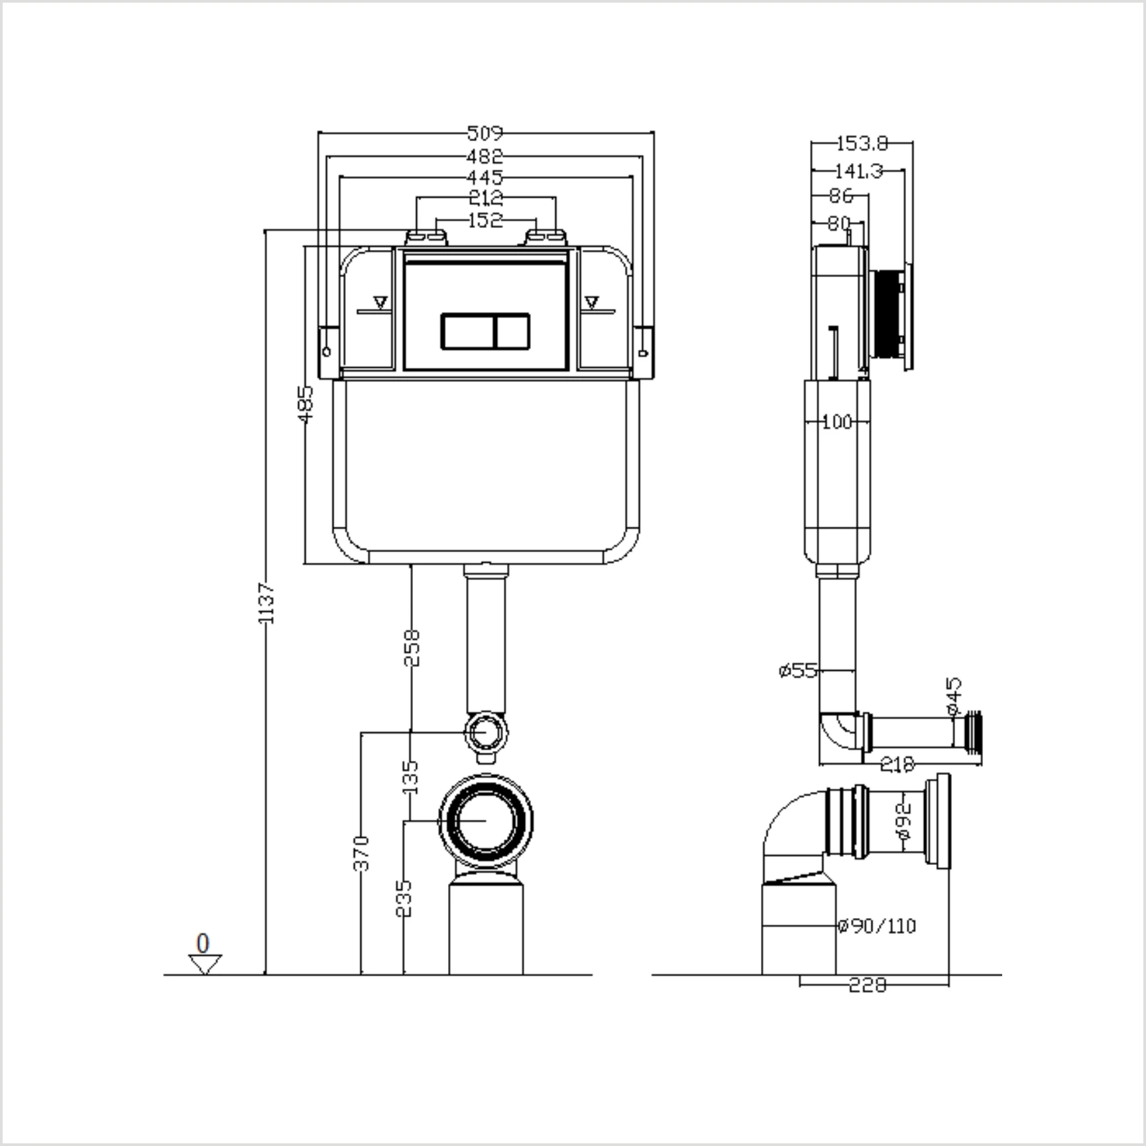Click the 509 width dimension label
point(485,133)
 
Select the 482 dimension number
point(485,157)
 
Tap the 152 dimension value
point(485,220)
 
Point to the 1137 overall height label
point(266,602)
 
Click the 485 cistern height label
point(305,404)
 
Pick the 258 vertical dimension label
point(412,648)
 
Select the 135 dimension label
point(411,777)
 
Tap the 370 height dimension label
point(361,853)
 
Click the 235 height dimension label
point(404,898)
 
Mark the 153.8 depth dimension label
point(862,143)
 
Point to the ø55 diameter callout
point(799,671)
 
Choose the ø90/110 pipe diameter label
point(877,925)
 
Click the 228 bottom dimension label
point(867,985)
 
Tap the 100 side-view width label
point(836,422)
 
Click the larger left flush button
point(468,331)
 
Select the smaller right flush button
point(512,331)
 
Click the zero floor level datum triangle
point(205,963)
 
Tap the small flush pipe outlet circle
point(487,732)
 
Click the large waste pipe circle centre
point(486,821)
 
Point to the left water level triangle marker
point(380,303)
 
